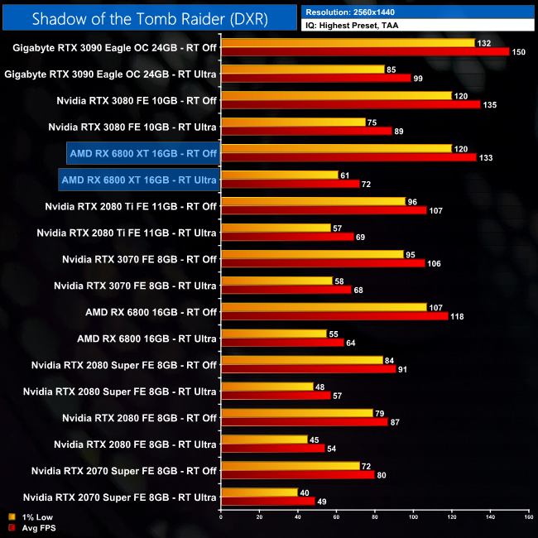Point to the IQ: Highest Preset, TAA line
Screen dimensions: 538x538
[x=361, y=26]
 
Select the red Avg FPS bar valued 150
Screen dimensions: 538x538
[x=364, y=51]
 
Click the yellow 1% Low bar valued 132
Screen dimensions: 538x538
[x=348, y=42]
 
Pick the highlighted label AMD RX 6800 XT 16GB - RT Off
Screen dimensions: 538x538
[x=143, y=153]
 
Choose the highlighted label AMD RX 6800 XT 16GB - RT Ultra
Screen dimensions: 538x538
[x=139, y=180]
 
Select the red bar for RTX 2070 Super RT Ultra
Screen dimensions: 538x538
[x=268, y=502]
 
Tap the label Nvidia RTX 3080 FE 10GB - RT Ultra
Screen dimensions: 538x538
[x=132, y=127]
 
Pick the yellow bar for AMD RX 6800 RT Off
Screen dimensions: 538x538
[x=324, y=307]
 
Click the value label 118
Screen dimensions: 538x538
[x=458, y=316]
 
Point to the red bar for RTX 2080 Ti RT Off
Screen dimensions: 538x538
[x=324, y=210]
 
